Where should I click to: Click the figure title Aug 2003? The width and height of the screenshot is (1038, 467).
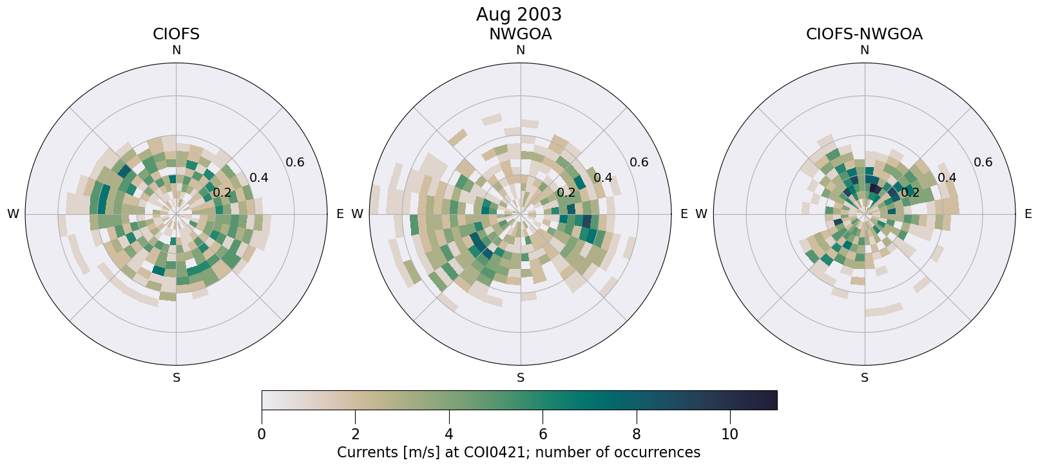519,14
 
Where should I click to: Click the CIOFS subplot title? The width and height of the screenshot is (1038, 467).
176,34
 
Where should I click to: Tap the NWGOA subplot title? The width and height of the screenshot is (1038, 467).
520,34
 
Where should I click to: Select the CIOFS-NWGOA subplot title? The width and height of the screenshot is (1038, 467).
864,34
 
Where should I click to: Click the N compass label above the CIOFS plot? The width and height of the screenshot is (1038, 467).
176,50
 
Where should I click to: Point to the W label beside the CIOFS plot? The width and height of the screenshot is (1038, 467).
13,214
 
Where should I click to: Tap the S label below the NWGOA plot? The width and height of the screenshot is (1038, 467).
520,378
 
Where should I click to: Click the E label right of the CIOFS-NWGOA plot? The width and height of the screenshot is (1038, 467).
1028,214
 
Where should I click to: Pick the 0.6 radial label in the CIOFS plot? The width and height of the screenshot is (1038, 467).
295,162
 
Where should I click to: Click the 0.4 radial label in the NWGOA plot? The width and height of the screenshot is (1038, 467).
603,177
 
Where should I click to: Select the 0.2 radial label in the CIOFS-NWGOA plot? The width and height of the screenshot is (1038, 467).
910,192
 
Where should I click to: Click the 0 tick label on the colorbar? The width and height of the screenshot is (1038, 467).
262,435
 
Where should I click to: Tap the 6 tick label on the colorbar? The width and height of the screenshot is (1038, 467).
543,435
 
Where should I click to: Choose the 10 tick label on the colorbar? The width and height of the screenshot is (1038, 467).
729,435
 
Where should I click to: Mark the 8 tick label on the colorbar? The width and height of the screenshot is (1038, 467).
637,435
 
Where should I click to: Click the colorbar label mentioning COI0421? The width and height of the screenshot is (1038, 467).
519,453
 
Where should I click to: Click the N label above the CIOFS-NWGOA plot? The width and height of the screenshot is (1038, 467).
864,50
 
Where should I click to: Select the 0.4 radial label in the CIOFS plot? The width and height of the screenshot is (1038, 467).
259,177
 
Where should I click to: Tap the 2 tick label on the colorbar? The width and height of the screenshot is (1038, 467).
355,435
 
